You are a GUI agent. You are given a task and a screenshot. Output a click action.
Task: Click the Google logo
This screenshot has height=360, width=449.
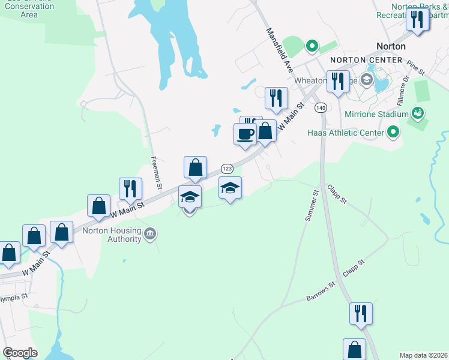(20, 353)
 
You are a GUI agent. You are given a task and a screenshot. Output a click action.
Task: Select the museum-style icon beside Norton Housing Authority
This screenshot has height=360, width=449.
(150, 233)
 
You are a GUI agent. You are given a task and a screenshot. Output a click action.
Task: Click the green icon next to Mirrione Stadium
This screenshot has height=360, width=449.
(415, 113)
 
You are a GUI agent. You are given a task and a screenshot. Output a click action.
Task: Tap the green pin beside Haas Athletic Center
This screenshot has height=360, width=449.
(393, 131)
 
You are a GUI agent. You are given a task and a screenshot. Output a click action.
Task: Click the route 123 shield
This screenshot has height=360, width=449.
(227, 169)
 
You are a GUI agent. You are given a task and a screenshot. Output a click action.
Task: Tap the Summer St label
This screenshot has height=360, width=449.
(311, 206)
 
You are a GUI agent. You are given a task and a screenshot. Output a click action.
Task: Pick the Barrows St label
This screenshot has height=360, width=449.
(319, 293)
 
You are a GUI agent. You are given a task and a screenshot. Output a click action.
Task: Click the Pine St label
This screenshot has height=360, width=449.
(415, 67)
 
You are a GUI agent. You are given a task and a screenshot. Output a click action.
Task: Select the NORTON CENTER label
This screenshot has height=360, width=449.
(366, 60)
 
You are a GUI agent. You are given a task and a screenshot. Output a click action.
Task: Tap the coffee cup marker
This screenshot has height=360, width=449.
(245, 134)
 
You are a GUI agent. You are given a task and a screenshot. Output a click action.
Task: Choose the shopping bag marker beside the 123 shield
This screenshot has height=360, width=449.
(195, 167)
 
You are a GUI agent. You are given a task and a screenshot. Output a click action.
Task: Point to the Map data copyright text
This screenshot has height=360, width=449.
(423, 355)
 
